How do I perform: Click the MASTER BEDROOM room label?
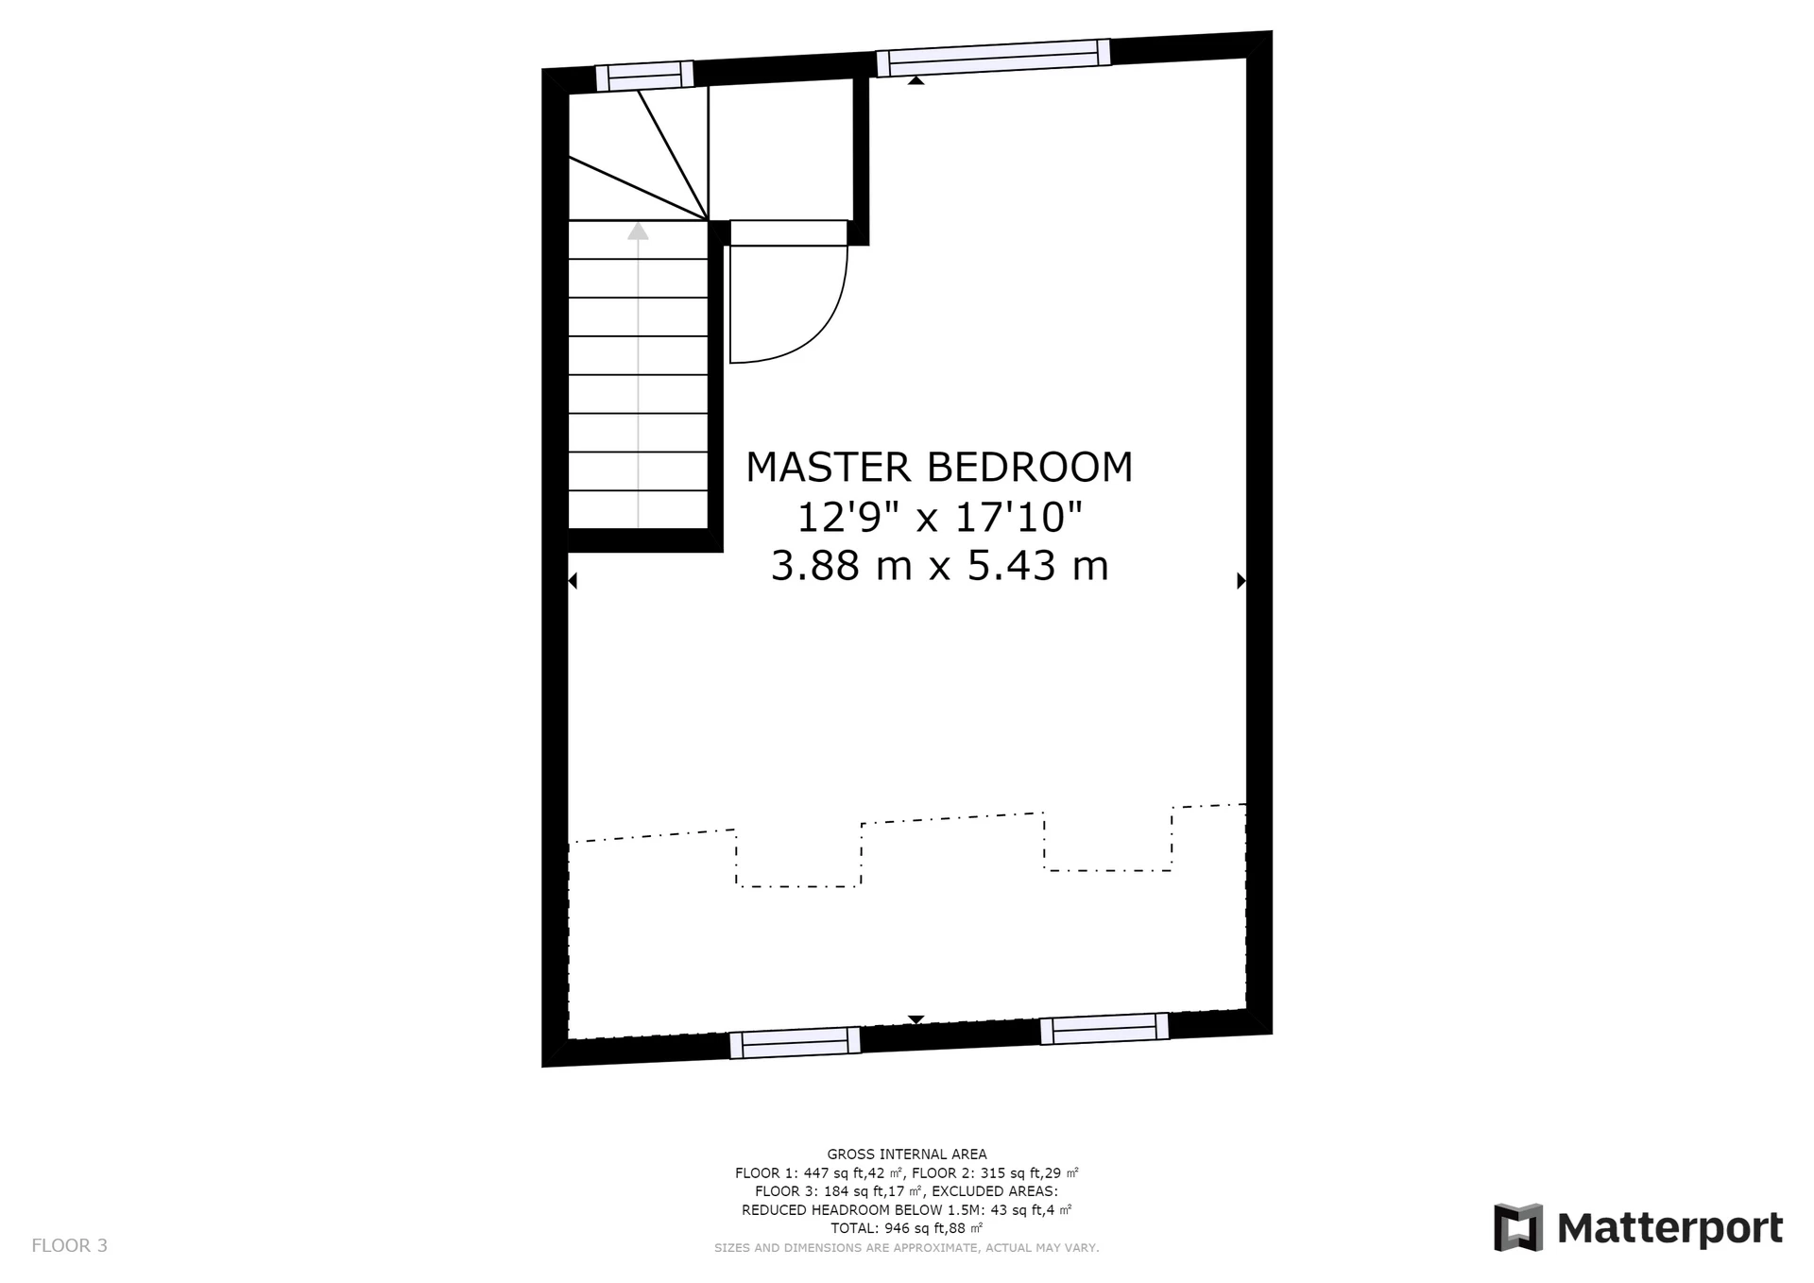[939, 467]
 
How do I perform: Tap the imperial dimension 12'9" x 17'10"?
[939, 517]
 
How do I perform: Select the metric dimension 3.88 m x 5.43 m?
[939, 566]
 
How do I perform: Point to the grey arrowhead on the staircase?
[639, 231]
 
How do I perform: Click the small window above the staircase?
[644, 76]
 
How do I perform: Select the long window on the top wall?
[993, 58]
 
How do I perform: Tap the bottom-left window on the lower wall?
[795, 1043]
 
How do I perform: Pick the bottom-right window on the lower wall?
[1104, 1029]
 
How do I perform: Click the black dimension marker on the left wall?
[573, 581]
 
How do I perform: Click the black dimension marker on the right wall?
[1241, 581]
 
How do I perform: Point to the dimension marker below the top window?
[916, 81]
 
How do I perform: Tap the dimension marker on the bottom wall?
[916, 1019]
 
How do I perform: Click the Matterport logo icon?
[1518, 1227]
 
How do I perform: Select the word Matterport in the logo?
[1669, 1229]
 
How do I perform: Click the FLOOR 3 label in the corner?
[70, 1245]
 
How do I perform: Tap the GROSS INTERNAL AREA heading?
[907, 1154]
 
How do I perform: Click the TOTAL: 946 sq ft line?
[907, 1228]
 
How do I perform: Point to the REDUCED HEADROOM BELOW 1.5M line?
[907, 1209]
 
